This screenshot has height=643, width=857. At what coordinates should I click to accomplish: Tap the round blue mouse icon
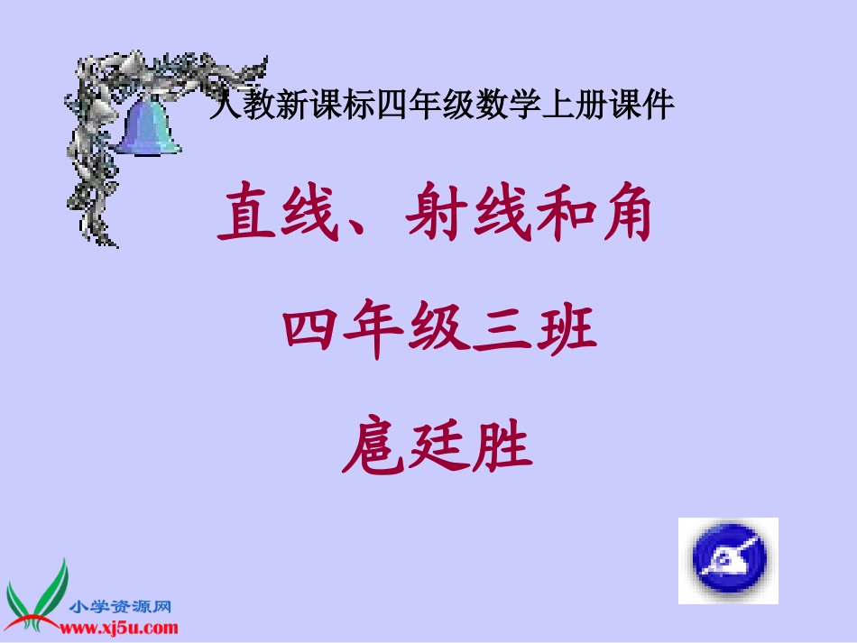728,559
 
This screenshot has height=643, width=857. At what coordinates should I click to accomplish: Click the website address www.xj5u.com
123,628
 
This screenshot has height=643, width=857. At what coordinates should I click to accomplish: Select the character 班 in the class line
567,332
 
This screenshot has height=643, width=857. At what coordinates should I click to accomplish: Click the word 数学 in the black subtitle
511,107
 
